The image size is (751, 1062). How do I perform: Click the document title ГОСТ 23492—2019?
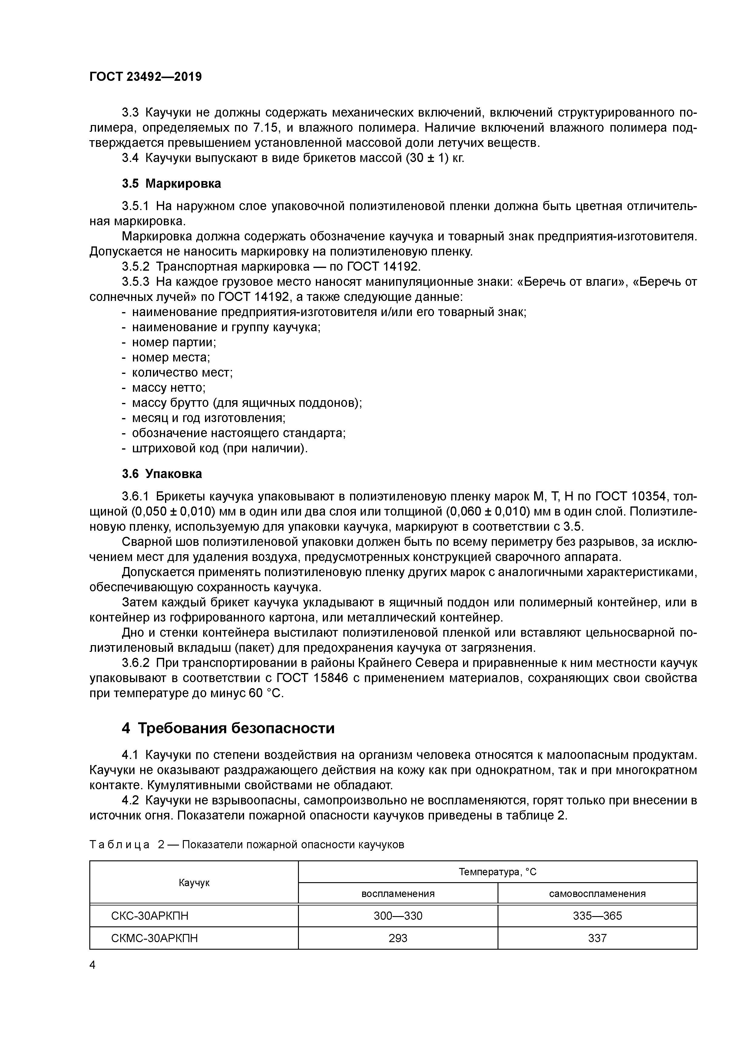click(x=145, y=77)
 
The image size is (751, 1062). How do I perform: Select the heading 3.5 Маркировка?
click(x=171, y=184)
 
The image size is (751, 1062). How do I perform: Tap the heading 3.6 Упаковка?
click(x=162, y=474)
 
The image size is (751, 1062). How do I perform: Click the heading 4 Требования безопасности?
click(x=228, y=728)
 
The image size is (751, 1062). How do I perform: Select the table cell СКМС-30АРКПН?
click(x=154, y=938)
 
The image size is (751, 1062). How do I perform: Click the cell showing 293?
click(x=398, y=938)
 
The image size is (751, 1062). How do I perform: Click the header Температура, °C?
click(x=498, y=872)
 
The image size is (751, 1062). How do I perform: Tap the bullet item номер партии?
click(x=174, y=342)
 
